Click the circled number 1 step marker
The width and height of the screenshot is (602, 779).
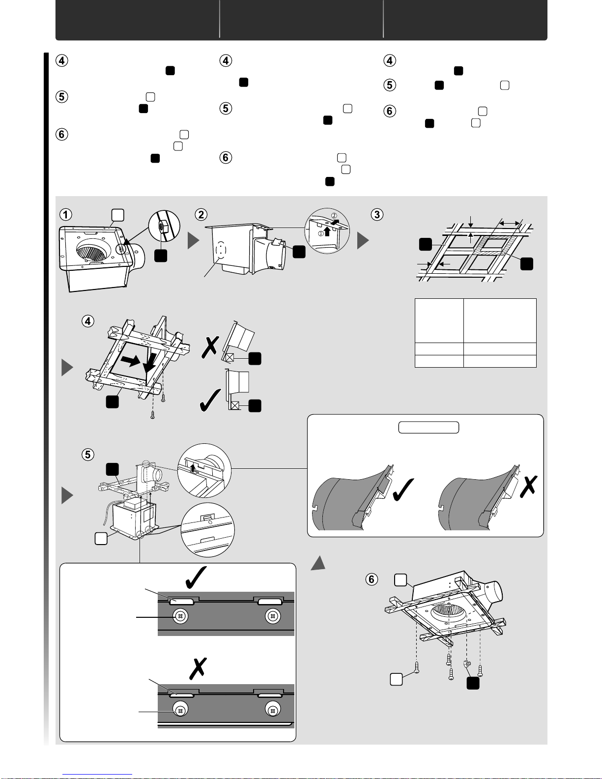click(x=65, y=214)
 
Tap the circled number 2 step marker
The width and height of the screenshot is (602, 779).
click(x=201, y=214)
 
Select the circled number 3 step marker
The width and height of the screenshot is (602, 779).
click(x=377, y=214)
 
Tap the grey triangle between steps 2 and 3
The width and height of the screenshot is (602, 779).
click(x=362, y=241)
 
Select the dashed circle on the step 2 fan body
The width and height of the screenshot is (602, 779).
click(x=219, y=250)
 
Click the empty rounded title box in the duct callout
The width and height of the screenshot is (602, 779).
click(x=428, y=427)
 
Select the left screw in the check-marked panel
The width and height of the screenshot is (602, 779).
click(x=180, y=616)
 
